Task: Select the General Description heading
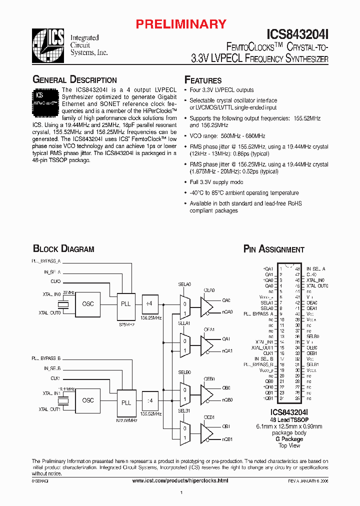pyautogui.click(x=74, y=80)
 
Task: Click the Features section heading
pyautogui.click(x=203, y=80)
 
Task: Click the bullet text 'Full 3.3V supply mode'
pyautogui.click(x=216, y=182)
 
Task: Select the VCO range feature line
pyautogui.click(x=227, y=136)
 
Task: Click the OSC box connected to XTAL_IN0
pyautogui.click(x=87, y=303)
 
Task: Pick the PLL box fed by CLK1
pyautogui.click(x=126, y=402)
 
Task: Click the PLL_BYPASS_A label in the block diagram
pyautogui.click(x=46, y=261)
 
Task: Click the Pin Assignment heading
pyautogui.click(x=273, y=249)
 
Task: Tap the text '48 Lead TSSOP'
pyautogui.click(x=289, y=420)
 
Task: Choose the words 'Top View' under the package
pyautogui.click(x=289, y=445)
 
